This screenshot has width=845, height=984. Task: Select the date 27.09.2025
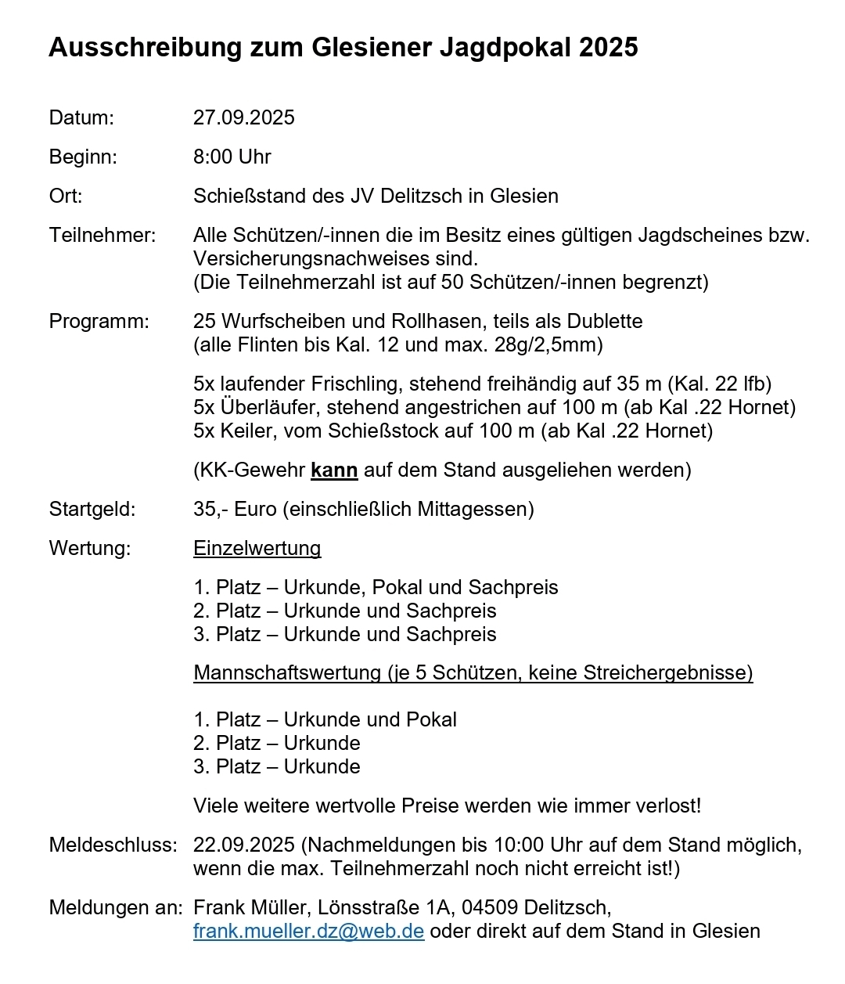(x=244, y=118)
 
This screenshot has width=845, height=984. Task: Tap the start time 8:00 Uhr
(x=232, y=157)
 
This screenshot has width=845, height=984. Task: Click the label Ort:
(x=66, y=196)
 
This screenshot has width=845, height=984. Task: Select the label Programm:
(x=99, y=322)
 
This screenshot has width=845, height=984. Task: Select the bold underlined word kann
(x=334, y=470)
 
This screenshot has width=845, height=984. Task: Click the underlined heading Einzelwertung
(x=257, y=549)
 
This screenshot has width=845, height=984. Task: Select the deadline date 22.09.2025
(x=244, y=845)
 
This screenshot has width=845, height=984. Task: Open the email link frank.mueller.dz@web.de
(x=309, y=932)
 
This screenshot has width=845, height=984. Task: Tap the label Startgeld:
(x=92, y=510)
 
